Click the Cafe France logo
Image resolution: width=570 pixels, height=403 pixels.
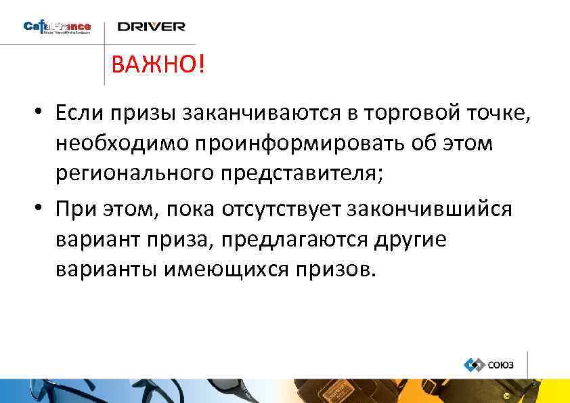(x=57, y=28)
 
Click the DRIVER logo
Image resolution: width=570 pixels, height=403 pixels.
(x=151, y=27)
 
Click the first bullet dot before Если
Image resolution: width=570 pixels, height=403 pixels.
(x=41, y=112)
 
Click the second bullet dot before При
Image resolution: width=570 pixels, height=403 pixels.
(x=41, y=210)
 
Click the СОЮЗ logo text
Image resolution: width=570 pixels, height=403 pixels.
(x=501, y=365)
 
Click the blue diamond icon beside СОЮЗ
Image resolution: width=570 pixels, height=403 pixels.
(x=473, y=364)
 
